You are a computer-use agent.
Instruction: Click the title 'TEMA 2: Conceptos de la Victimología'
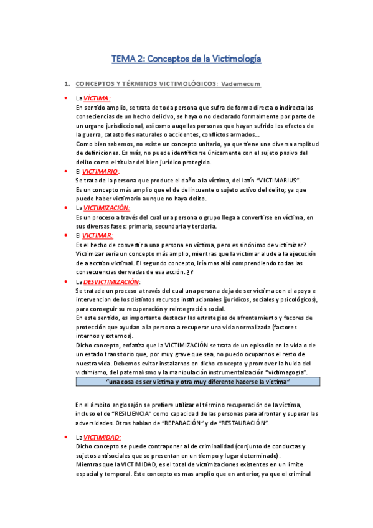pos(186,59)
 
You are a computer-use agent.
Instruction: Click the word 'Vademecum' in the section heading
pos(240,84)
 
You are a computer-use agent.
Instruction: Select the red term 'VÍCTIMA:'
pos(97,98)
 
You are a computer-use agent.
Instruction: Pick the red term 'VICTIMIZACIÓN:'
pos(106,207)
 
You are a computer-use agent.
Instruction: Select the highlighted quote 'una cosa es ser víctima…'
pos(198,381)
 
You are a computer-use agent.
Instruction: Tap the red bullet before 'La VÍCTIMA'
pos(65,98)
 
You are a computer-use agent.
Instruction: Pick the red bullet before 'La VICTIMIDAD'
pos(65,437)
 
